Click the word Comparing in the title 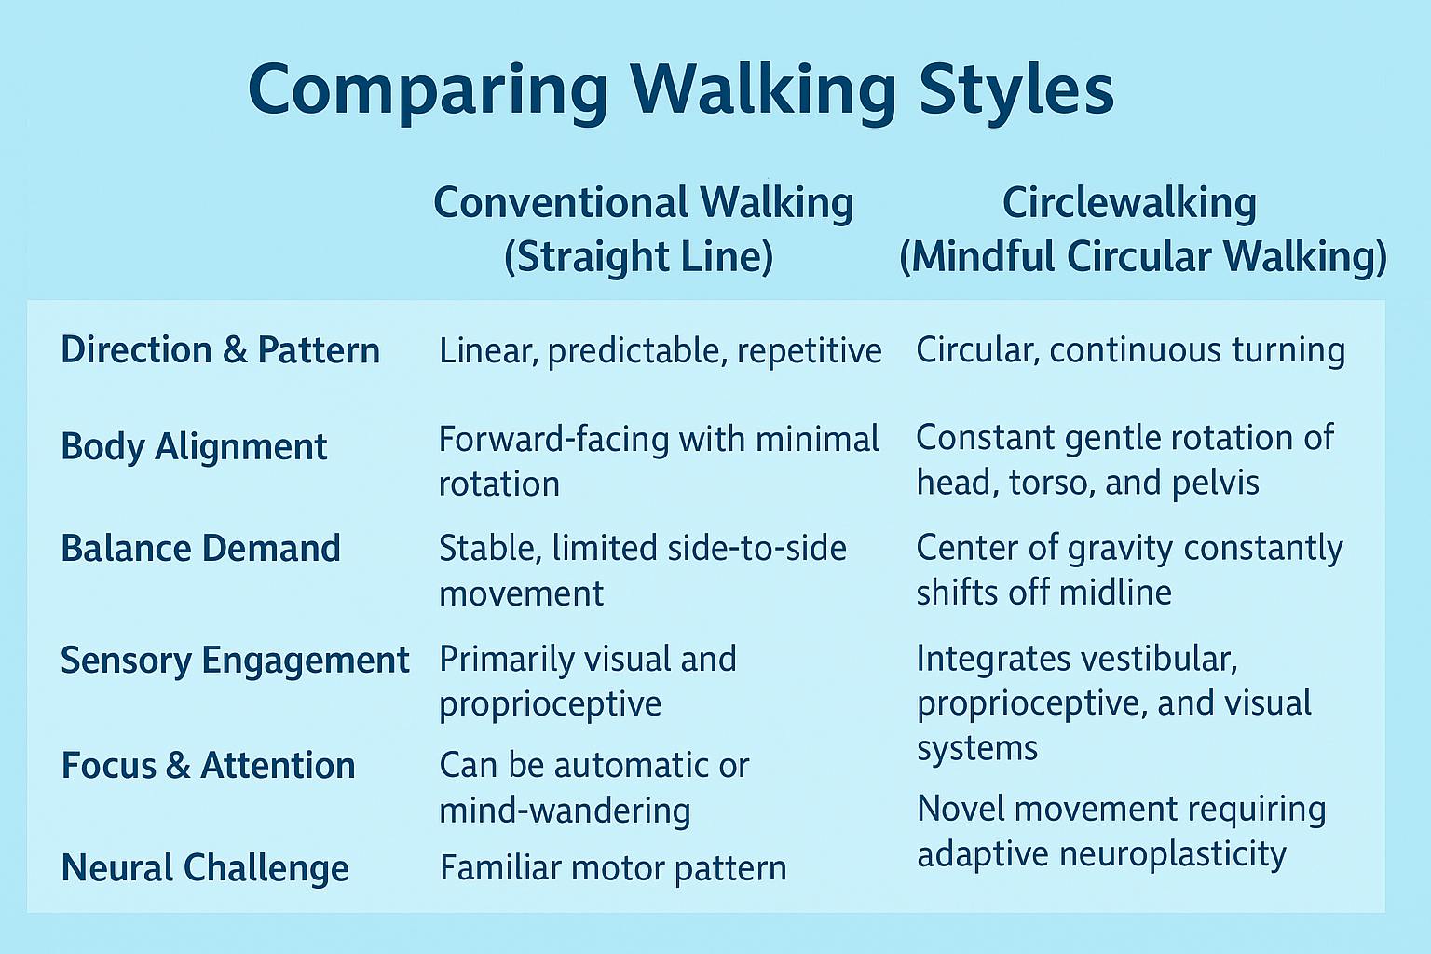point(428,89)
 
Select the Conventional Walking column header point(644,203)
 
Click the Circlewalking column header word point(1129,203)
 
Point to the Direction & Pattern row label point(221,350)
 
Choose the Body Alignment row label point(194,446)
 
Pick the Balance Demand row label point(200,548)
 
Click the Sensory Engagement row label point(235,661)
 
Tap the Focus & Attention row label point(209,766)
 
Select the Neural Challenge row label point(205,867)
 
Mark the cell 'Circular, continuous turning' point(1131,351)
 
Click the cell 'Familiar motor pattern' point(613,867)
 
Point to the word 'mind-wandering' point(566,811)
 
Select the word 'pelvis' point(1216,484)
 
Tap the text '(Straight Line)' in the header point(639,257)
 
